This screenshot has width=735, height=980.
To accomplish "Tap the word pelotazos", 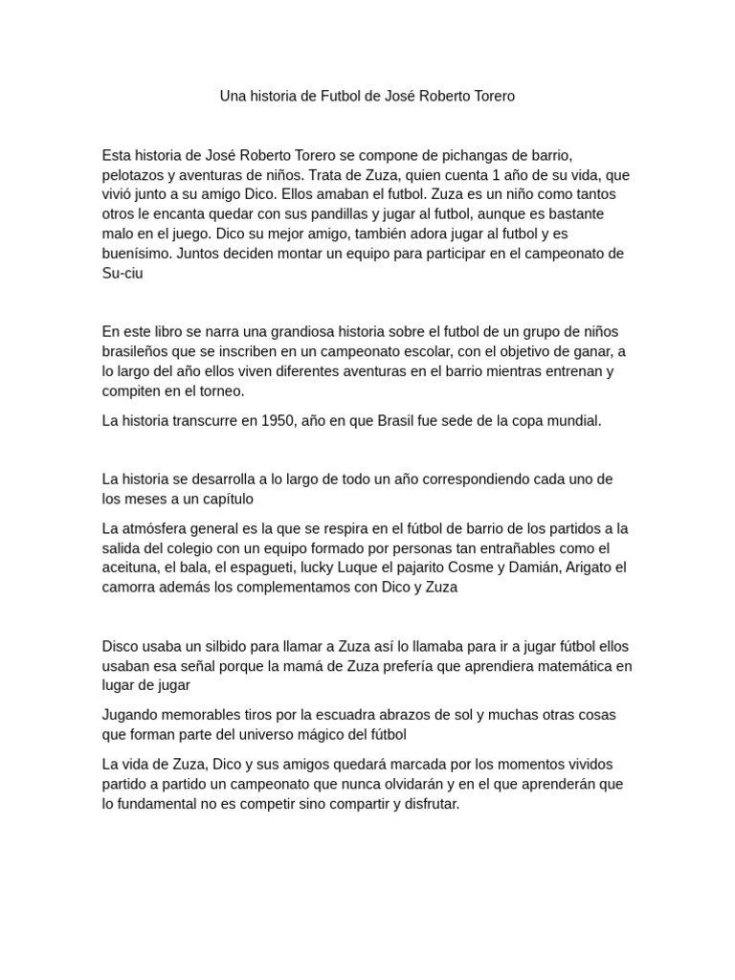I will tap(136, 175).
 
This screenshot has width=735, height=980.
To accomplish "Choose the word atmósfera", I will tap(153, 528).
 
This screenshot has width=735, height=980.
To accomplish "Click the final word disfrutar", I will tap(428, 804).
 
